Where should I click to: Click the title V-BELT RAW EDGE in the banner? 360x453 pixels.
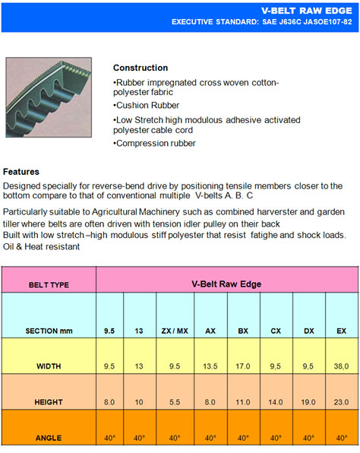pos(307,11)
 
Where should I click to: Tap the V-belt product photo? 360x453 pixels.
pos(49,97)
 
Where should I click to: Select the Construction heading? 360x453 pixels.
pos(141,68)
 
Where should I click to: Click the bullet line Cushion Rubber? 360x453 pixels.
pos(147,105)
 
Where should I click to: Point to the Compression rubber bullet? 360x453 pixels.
pos(154,143)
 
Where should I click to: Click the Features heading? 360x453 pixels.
pos(21,172)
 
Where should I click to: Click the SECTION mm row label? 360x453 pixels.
pos(49,331)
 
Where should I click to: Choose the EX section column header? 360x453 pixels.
pos(341,331)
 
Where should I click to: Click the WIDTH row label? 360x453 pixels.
pos(49,366)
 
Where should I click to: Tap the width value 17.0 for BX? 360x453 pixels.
pos(243,366)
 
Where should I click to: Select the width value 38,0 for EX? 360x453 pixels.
pos(341,366)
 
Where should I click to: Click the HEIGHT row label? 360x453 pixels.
pos(49,402)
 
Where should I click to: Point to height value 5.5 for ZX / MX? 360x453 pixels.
pos(175,402)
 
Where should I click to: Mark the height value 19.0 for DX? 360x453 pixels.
pos(308,402)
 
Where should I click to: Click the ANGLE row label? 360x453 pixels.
pos(49,438)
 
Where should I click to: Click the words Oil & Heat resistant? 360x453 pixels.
pos(41,246)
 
